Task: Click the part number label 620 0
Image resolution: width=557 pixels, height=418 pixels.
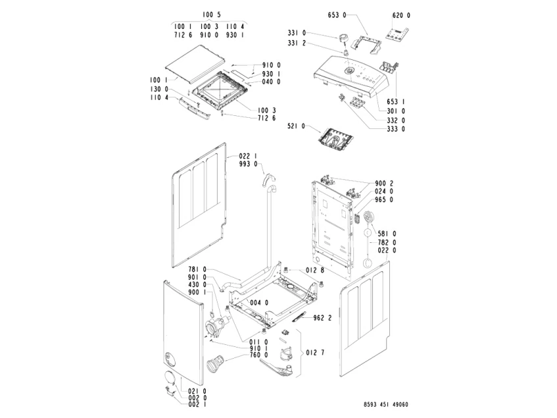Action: (401, 15)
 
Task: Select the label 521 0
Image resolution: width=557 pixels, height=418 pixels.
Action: (296, 126)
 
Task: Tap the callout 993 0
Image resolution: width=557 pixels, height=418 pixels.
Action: (248, 164)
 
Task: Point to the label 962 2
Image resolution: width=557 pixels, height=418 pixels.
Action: (322, 318)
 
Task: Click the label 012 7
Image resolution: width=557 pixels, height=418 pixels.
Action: (315, 353)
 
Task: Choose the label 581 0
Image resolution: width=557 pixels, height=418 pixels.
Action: (387, 234)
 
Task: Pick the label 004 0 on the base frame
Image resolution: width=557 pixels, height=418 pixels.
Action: (259, 303)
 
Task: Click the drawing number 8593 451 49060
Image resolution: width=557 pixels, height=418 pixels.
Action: (386, 404)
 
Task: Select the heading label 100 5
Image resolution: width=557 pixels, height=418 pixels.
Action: (212, 14)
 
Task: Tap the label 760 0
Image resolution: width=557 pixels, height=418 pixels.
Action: (258, 355)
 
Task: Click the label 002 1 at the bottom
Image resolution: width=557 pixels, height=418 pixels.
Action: (197, 404)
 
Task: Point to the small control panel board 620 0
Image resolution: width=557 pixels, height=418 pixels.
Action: (397, 34)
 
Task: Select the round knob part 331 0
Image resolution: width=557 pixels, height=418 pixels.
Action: (343, 38)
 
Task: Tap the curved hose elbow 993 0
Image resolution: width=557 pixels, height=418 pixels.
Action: (268, 180)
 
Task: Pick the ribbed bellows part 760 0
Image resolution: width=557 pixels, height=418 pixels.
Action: (214, 363)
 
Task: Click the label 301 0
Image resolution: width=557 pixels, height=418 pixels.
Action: (396, 111)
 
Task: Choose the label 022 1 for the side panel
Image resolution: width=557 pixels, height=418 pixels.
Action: (248, 156)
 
